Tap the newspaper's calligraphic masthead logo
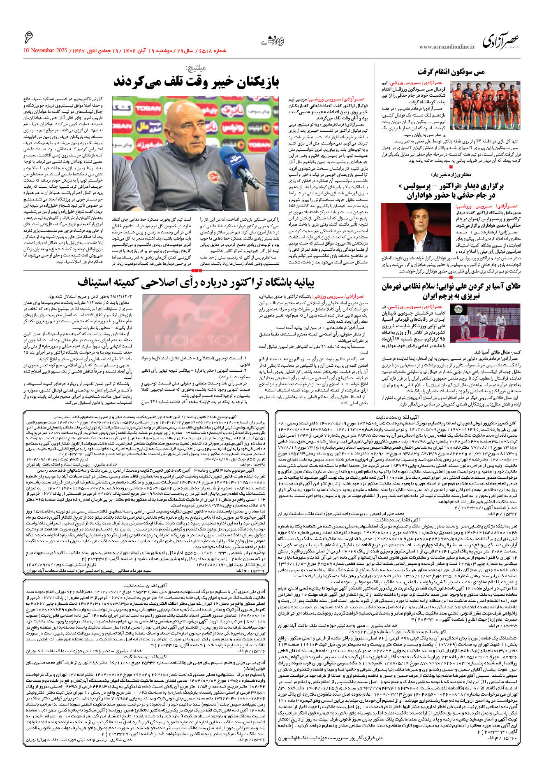[x=501, y=40]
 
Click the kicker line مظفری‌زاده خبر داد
[x=449, y=175]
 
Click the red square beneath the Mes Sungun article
[x=451, y=167]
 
